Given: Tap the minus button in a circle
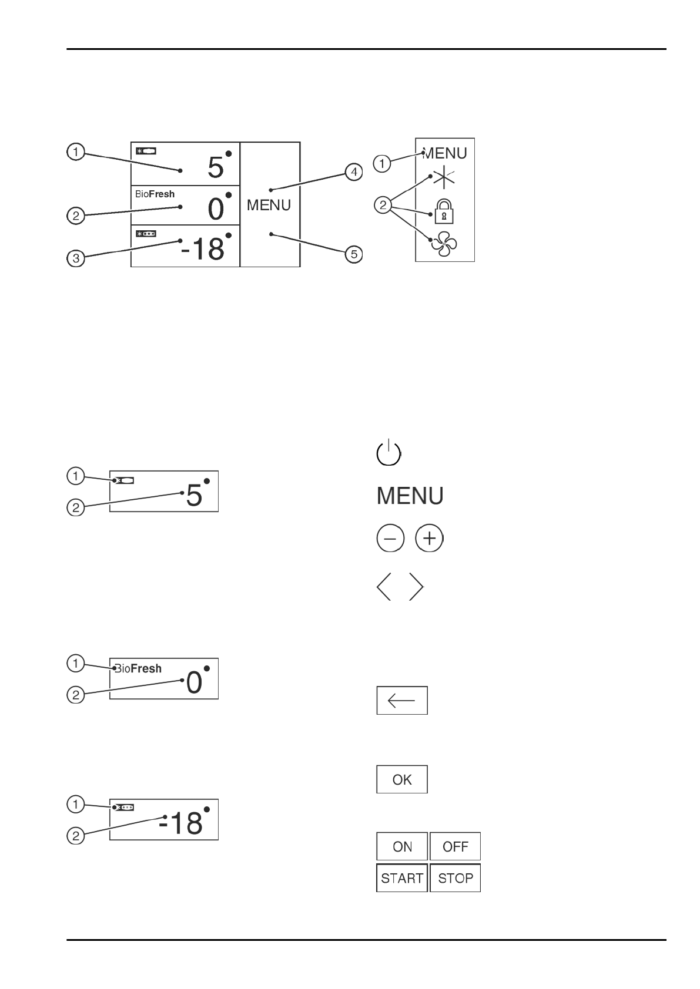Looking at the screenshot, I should [390, 539].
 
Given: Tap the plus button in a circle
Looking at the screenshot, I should [429, 539].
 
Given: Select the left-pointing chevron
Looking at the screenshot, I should [384, 587].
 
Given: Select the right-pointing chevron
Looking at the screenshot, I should [416, 587].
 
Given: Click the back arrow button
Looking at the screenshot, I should [402, 700].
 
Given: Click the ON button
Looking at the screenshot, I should [402, 846].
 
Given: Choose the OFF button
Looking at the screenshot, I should [455, 846].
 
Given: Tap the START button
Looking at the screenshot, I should [402, 878].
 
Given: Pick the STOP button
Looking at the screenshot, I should [455, 878].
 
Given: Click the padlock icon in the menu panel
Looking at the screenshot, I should [444, 211].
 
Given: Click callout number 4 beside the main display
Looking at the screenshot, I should [353, 172].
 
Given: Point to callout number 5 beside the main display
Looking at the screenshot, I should [353, 254].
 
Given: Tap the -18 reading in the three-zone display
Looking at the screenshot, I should [203, 248].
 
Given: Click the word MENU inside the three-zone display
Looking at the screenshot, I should [269, 205].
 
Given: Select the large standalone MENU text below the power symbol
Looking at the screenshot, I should [410, 496].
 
